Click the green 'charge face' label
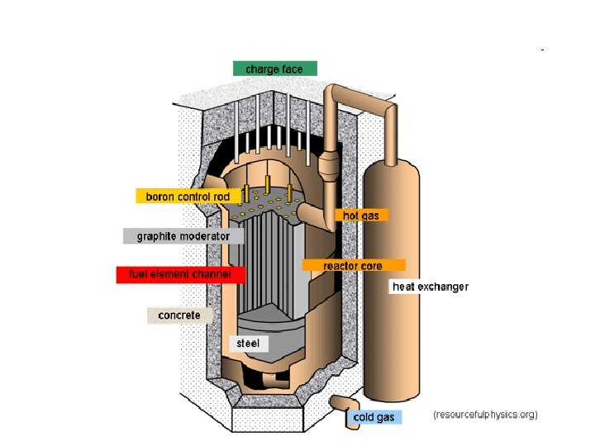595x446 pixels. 274,69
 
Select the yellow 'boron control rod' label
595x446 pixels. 188,197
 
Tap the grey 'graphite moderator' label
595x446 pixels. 183,236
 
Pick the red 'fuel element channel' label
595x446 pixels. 181,273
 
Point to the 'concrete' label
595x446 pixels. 179,316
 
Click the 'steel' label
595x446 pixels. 248,342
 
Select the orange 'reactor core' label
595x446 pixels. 353,266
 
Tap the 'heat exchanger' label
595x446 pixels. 430,287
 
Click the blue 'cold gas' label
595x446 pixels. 374,417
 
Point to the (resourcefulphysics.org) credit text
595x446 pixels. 485,414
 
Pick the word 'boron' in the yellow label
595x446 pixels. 160,197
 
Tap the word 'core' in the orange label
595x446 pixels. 371,266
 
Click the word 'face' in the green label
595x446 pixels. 293,69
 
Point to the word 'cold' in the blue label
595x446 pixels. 364,417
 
